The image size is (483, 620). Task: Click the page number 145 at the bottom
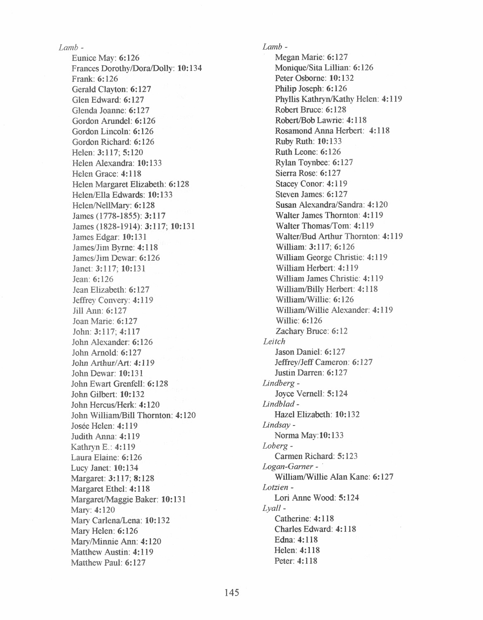click(232, 593)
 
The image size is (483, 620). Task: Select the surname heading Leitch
click(274, 341)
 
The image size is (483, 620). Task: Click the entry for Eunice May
click(94, 58)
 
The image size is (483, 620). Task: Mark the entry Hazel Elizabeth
click(303, 414)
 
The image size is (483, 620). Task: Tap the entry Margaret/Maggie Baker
click(115, 500)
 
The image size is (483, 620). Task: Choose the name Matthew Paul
click(96, 562)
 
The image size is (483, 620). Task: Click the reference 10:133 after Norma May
click(332, 435)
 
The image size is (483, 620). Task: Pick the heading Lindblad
click(278, 404)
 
